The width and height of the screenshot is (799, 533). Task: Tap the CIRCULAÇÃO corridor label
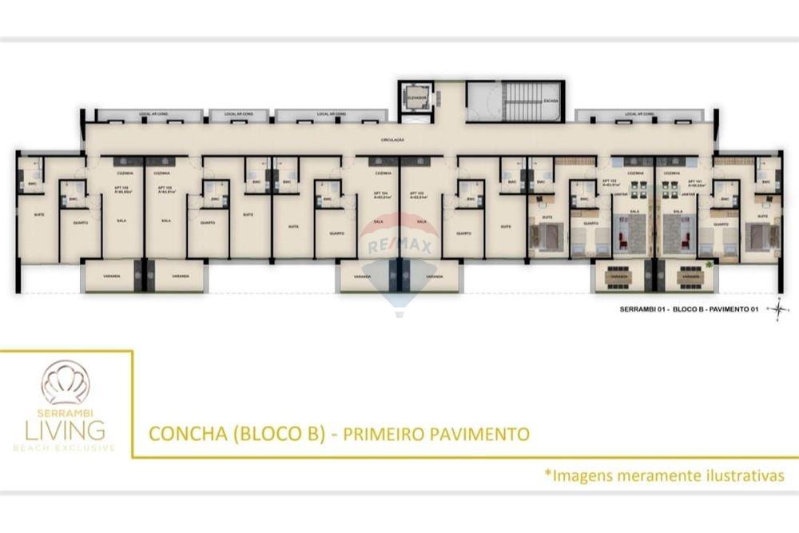pos(392,140)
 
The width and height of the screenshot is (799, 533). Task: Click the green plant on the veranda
pos(709,265)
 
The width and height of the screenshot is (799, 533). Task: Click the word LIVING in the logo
pos(64,429)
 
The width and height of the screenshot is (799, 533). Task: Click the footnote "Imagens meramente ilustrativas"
pos(664,475)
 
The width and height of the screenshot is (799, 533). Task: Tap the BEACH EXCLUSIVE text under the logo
pos(64,447)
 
